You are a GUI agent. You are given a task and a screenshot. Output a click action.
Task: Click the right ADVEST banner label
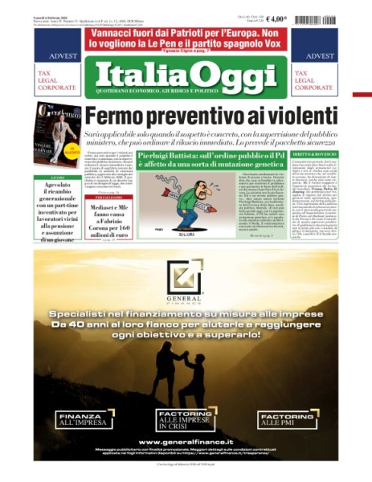321,56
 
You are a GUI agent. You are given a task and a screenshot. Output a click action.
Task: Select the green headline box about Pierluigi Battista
210,158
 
